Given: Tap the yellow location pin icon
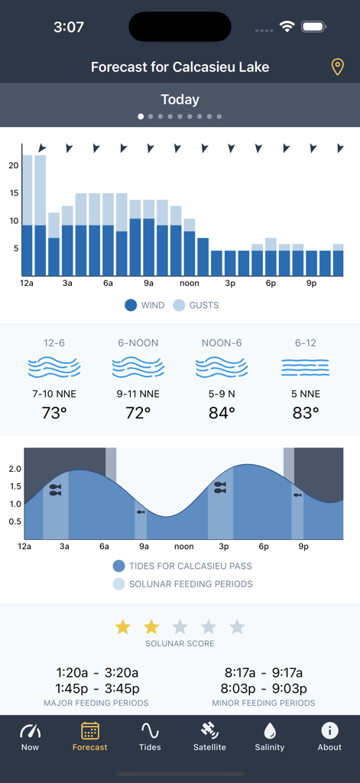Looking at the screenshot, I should pos(337,67).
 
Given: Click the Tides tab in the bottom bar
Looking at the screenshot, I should pos(150,736).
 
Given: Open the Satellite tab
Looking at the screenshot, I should pos(209,736).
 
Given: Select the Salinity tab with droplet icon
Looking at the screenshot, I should pos(269,736).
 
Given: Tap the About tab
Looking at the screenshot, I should pos(329,736).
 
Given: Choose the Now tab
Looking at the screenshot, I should pos(30,736).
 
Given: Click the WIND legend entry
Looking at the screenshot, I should pos(144,305).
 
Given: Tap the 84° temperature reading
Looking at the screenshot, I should pos(222,413).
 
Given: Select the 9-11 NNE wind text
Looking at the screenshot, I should pos(138,394).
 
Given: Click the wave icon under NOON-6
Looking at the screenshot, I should pos(222,368).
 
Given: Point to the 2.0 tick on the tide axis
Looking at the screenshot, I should pos(15,469).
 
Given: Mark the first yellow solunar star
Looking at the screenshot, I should pos(122,627).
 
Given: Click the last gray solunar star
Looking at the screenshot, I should pos(237,627).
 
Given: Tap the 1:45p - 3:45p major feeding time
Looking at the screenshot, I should pos(96,688).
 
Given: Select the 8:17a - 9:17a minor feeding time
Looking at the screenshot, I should pos(263,673).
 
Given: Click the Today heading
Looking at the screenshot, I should pos(180,99).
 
